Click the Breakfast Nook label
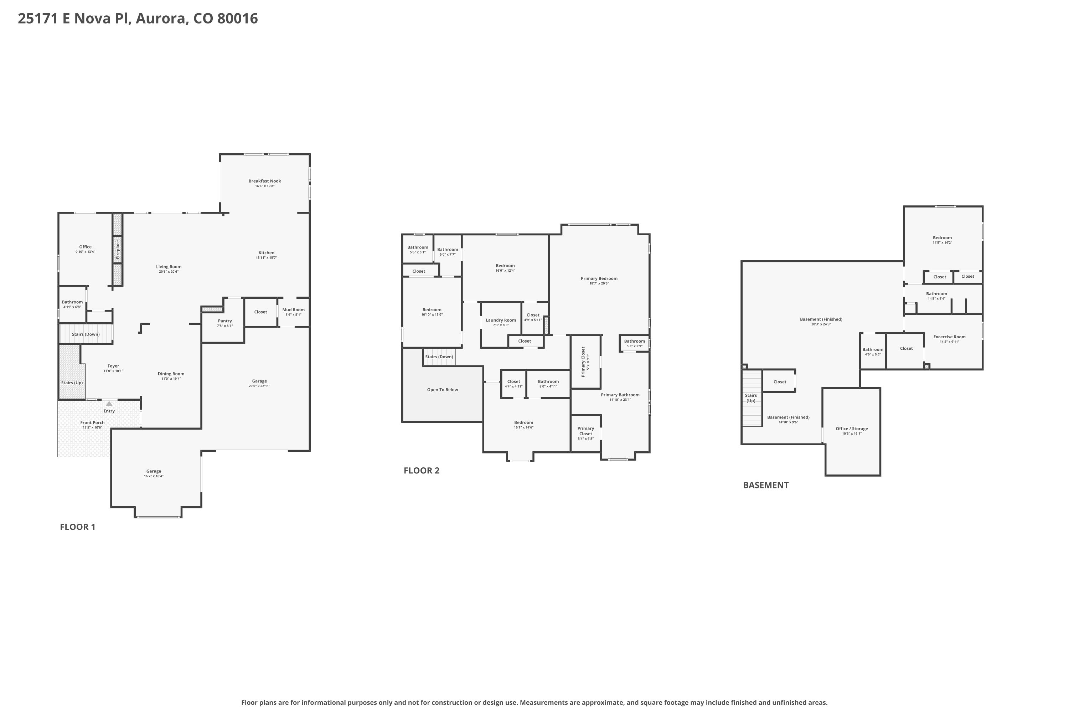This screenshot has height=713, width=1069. [264, 181]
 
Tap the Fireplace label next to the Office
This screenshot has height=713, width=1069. [118, 250]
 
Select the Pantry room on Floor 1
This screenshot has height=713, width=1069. [224, 323]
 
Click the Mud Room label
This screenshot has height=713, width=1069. [293, 310]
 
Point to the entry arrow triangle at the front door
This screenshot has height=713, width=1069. [109, 403]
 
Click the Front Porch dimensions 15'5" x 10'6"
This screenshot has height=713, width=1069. [92, 427]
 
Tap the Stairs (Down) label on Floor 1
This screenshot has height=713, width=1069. [86, 334]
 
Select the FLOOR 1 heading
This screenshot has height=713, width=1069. [78, 527]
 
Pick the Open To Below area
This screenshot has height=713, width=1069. [442, 390]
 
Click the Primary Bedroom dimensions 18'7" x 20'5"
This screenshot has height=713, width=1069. [599, 283]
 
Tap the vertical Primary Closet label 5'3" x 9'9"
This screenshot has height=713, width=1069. [584, 361]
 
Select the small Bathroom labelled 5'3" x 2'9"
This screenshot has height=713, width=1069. [634, 343]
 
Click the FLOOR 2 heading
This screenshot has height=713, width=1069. [421, 471]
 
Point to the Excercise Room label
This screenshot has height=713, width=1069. [949, 337]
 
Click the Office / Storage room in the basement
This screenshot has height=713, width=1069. [851, 431]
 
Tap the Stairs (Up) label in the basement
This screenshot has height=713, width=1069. [750, 398]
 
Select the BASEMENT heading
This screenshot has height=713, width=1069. [765, 485]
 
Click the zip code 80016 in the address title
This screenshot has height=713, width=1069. [237, 19]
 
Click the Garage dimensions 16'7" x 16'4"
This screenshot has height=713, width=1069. [154, 476]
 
